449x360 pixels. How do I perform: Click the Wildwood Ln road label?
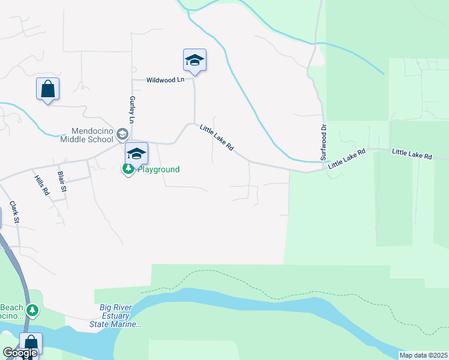click(166, 80)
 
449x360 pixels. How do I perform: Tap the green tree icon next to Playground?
click(128, 169)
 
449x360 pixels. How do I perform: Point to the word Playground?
click(159, 169)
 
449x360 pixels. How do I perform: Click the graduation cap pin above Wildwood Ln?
click(194, 60)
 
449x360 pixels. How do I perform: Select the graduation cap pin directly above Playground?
click(136, 154)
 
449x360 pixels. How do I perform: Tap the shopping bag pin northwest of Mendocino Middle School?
click(47, 89)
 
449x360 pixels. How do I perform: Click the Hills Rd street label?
click(41, 186)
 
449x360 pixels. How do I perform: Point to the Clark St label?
click(15, 213)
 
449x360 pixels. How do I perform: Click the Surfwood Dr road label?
click(323, 142)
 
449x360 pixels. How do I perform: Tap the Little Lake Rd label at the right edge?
click(412, 155)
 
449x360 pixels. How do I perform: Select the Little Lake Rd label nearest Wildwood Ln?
click(217, 137)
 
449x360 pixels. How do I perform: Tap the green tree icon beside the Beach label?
click(32, 311)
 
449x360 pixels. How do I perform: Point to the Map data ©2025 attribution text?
click(424, 355)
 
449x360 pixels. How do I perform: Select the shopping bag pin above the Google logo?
click(31, 343)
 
